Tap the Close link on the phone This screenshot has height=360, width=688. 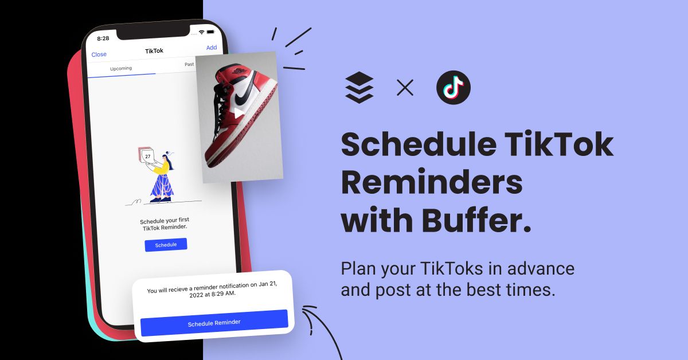coord(99,54)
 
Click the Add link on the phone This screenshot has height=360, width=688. coord(212,48)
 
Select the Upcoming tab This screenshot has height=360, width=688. coord(121,68)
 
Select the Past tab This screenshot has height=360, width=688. coord(189,64)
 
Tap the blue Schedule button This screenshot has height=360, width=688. coord(166,245)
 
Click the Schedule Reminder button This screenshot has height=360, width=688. coord(214,323)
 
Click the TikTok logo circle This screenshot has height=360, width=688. coord(454,88)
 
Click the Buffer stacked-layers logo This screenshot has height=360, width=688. coord(359,88)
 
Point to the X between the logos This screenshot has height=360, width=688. coord(405,88)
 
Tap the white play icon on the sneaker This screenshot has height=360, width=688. coord(239,113)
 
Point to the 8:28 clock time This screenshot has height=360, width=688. coord(103,38)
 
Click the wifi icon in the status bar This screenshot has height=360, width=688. coord(201,32)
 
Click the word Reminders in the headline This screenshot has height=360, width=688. coord(432,182)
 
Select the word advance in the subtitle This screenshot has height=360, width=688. coord(541,268)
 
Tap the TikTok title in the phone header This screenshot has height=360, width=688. coord(154,50)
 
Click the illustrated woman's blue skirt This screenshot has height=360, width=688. coord(162,186)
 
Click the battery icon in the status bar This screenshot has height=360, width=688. coord(211,32)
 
